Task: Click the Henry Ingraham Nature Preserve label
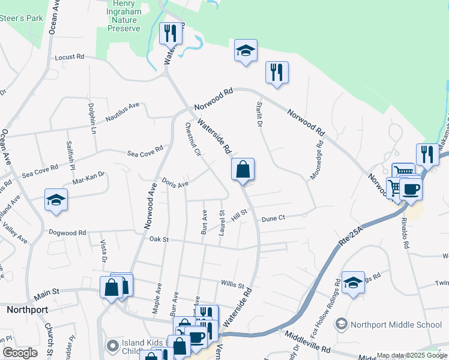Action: pyautogui.click(x=123, y=16)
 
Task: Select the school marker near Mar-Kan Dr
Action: pyautogui.click(x=56, y=200)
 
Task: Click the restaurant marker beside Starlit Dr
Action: pyautogui.click(x=277, y=73)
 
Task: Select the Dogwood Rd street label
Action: pyautogui.click(x=68, y=232)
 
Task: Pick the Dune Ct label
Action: pyautogui.click(x=273, y=219)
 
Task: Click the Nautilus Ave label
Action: pyautogui.click(x=122, y=106)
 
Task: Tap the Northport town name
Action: pyautogui.click(x=27, y=310)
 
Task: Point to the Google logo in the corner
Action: pyautogui.click(x=20, y=353)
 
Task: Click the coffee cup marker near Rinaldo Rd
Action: pyautogui.click(x=411, y=189)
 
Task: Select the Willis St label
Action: pyautogui.click(x=232, y=286)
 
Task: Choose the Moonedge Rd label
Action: pyautogui.click(x=316, y=162)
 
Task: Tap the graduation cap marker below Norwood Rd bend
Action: pyautogui.click(x=245, y=50)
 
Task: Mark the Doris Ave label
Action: pyautogui.click(x=175, y=182)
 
